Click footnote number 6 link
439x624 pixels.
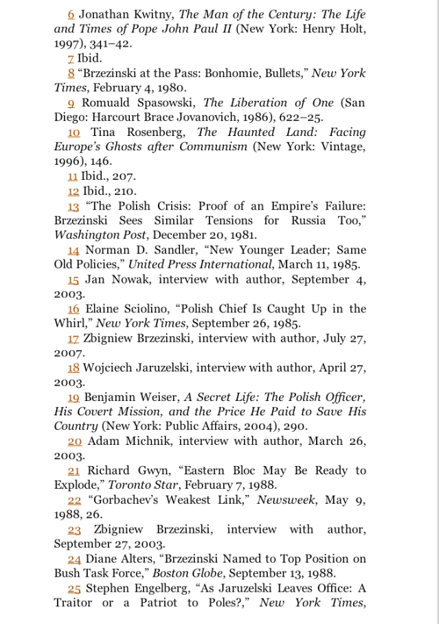[71, 14]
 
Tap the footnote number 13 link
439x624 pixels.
[74, 205]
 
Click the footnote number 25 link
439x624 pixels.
[74, 588]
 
